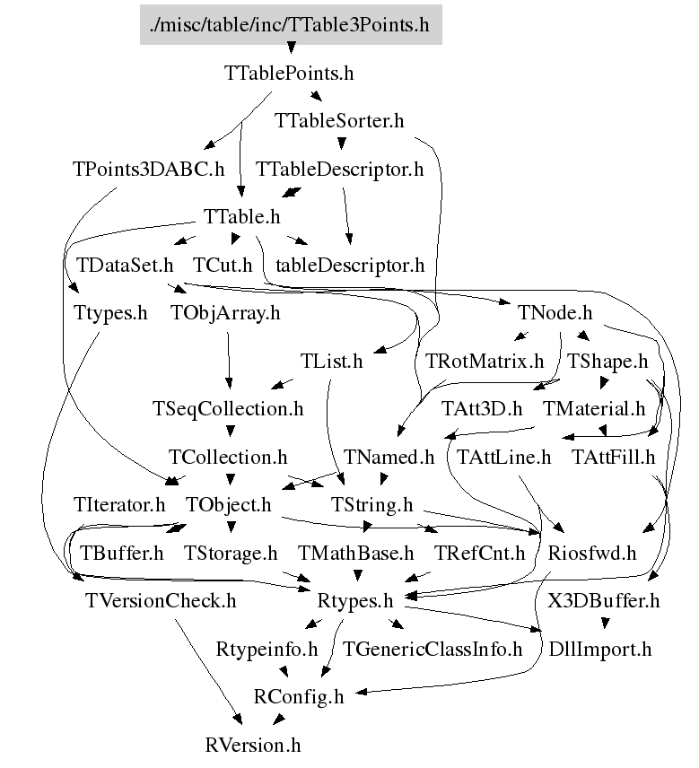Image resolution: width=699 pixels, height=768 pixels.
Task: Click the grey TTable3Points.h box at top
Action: [291, 24]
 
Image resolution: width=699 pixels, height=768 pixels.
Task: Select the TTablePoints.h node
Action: [289, 73]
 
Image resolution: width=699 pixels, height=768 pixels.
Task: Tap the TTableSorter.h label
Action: [340, 120]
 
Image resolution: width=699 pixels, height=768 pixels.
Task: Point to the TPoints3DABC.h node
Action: [149, 169]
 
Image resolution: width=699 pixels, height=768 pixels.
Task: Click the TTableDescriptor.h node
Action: [339, 169]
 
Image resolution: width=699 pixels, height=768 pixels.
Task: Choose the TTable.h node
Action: [242, 217]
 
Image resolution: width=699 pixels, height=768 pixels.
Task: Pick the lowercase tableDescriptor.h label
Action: [350, 266]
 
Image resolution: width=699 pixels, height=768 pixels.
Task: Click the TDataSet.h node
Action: [124, 266]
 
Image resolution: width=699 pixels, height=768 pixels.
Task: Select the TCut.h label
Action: [223, 266]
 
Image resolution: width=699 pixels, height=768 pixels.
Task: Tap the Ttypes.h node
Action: [110, 313]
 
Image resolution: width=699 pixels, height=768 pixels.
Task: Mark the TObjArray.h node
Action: [225, 313]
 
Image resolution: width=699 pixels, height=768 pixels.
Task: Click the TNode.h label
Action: [555, 313]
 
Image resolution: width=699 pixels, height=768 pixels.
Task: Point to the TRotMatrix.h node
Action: [485, 362]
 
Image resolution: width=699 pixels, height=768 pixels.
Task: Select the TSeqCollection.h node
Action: [228, 409]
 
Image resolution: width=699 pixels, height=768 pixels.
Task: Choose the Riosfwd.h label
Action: [591, 554]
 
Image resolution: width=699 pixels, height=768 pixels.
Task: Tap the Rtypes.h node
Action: [356, 601]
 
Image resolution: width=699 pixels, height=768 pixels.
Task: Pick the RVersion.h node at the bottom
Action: [253, 746]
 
